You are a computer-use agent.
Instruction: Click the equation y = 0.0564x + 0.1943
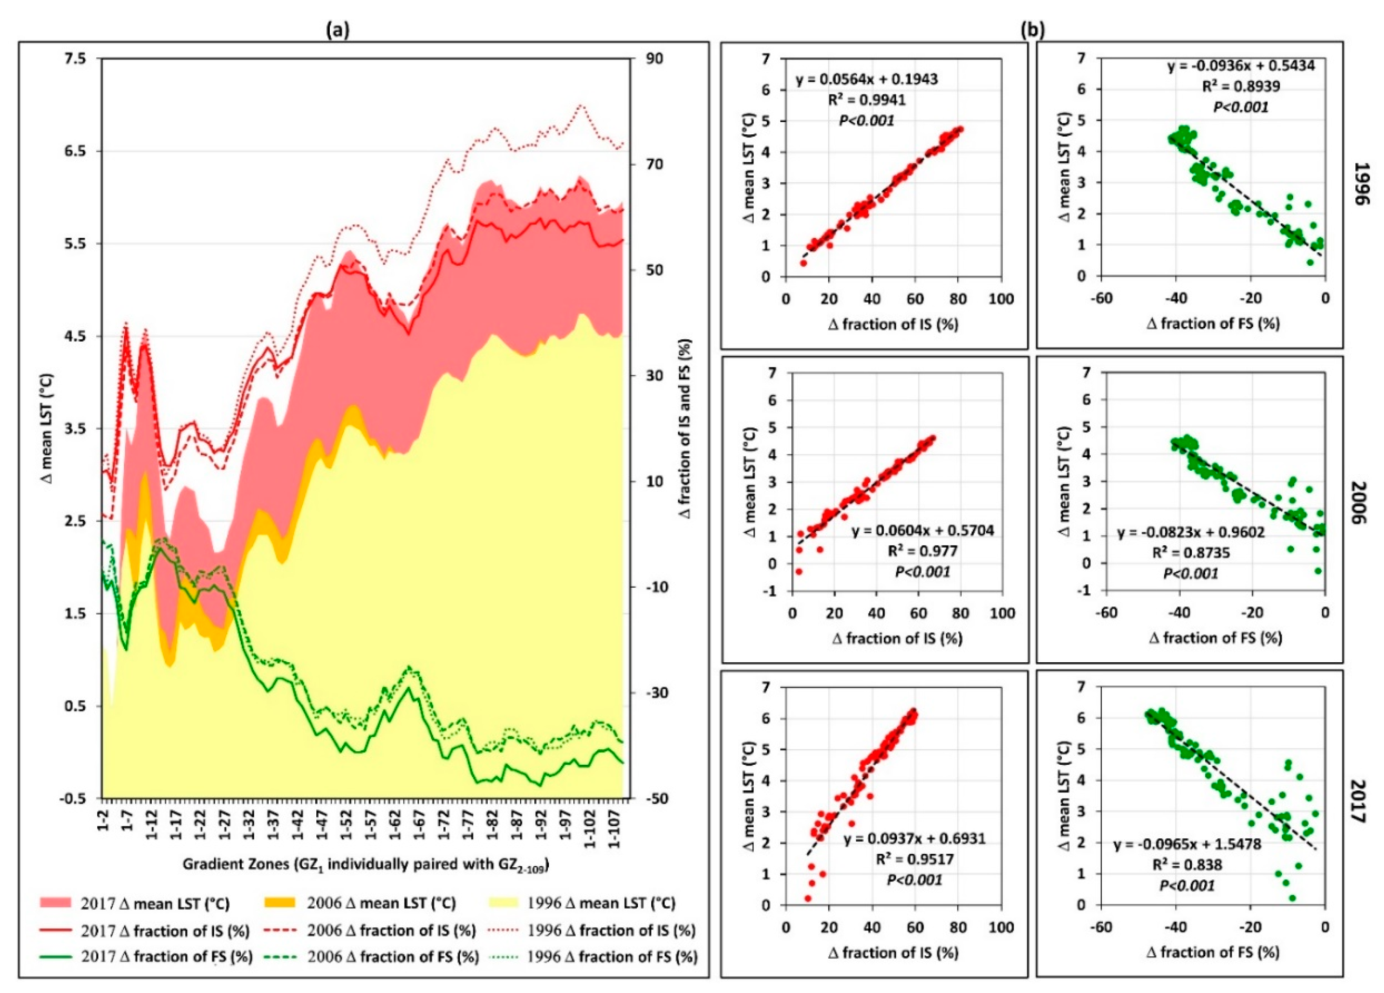(x=866, y=79)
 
